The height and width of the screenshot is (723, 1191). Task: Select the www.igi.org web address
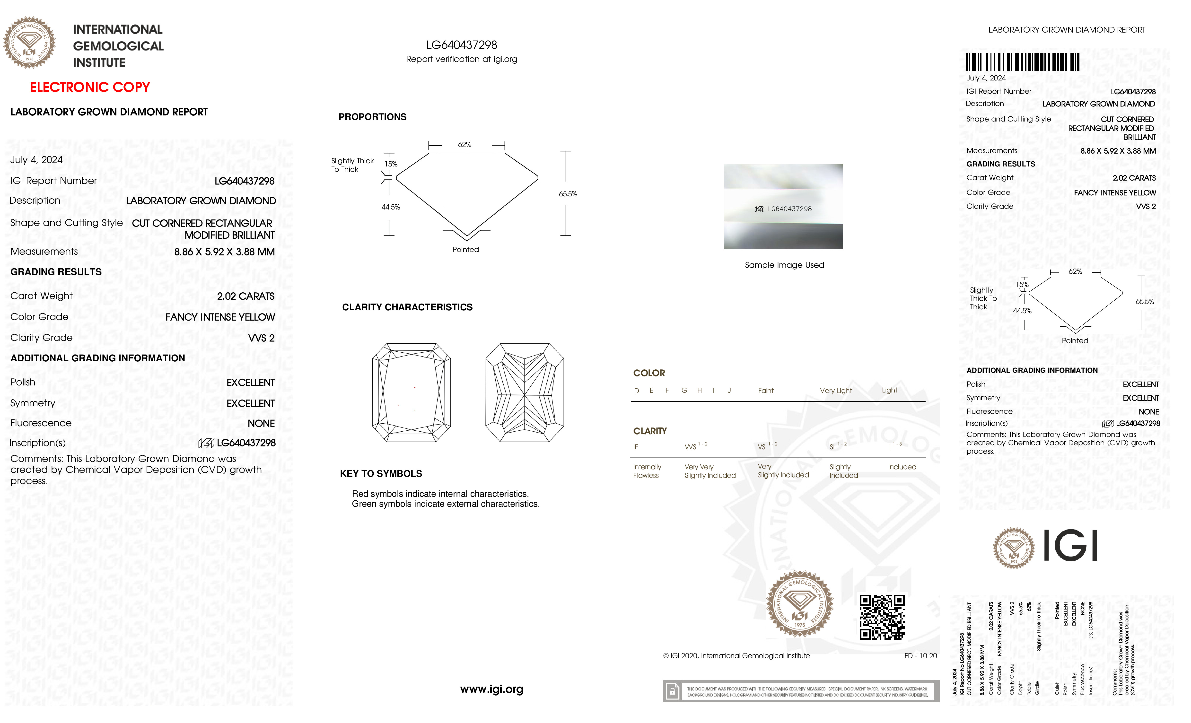tap(491, 689)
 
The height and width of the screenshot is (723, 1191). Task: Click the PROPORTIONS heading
tap(372, 117)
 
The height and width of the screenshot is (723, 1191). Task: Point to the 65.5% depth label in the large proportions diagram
tap(568, 194)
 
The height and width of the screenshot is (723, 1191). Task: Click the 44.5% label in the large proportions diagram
tap(391, 207)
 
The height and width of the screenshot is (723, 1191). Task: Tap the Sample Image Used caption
tap(784, 265)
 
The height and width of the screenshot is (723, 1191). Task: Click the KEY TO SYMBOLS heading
tap(381, 474)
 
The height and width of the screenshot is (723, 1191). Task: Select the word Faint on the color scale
tap(766, 391)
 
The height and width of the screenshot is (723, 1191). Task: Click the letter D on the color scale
tap(637, 391)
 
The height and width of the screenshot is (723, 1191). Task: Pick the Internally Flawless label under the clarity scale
tap(647, 471)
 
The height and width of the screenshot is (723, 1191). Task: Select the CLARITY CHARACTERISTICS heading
tap(407, 307)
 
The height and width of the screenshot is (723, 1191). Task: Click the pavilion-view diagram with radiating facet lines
tap(525, 392)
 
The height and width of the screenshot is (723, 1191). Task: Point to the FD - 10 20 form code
tap(920, 656)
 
